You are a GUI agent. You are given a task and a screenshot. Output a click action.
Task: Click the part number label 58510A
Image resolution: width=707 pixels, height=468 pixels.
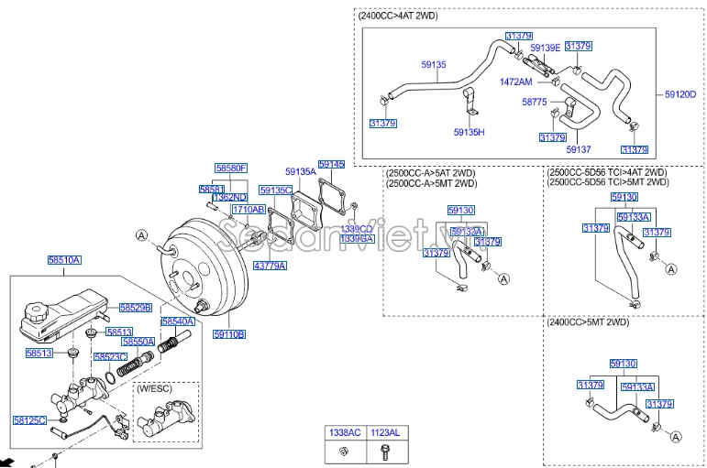tap(65, 260)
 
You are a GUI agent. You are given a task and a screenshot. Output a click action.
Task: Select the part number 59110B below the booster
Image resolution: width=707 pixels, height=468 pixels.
tap(229, 334)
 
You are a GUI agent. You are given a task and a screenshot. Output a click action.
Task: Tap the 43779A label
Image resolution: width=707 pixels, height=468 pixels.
tap(271, 266)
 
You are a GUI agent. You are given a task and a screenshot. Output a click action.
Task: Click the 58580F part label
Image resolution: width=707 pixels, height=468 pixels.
tap(231, 169)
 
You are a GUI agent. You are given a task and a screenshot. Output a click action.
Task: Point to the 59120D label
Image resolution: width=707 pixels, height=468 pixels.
tap(680, 93)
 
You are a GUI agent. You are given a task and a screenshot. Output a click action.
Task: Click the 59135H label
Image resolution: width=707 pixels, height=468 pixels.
tap(469, 132)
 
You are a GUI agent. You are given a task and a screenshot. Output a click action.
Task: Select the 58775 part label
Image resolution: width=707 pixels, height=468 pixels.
tap(535, 102)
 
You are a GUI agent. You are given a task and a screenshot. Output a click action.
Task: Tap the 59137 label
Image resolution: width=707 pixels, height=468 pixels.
tap(580, 148)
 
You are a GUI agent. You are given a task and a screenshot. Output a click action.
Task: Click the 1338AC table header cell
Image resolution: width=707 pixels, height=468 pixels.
tap(346, 430)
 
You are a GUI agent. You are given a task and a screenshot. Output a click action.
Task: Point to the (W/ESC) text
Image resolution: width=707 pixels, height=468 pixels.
tap(155, 389)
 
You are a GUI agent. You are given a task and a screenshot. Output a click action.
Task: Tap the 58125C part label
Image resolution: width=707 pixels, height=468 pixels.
tap(29, 420)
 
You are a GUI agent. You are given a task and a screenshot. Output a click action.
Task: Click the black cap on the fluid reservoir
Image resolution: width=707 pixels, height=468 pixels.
tap(38, 313)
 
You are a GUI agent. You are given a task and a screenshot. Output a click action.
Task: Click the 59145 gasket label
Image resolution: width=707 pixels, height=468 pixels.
tap(331, 164)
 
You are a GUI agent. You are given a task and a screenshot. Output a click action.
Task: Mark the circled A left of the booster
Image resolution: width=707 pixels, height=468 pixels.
tap(141, 235)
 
